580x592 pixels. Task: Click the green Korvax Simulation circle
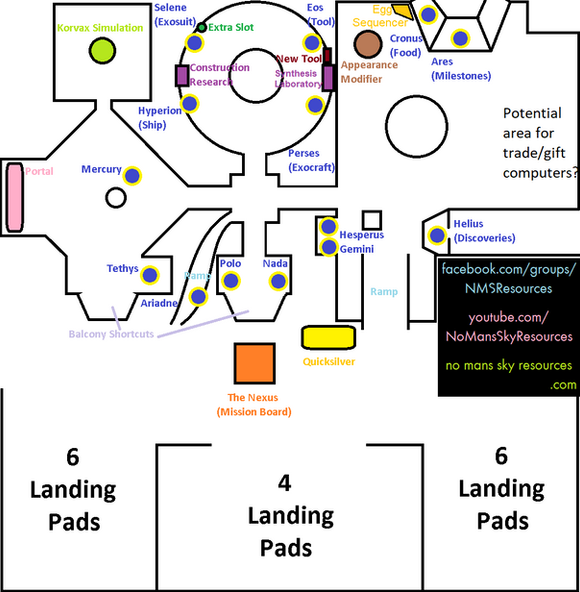coord(102,49)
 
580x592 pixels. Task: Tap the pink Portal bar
coord(15,197)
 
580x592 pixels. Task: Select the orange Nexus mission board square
coord(254,363)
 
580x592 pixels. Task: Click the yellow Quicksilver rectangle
coord(329,338)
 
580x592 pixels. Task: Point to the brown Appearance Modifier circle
coord(367,43)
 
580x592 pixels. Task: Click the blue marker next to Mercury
coord(131,175)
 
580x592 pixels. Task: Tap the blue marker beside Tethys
coord(151,275)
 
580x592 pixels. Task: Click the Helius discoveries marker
coord(437,236)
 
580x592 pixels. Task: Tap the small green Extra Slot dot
coord(201,27)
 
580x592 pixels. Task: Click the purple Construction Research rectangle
coord(182,76)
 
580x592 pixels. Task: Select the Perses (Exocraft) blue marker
coord(315,105)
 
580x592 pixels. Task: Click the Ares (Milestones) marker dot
coord(460,39)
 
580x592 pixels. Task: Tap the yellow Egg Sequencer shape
coord(402,11)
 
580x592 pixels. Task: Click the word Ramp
coord(384,292)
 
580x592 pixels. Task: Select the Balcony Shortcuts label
coord(111,334)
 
